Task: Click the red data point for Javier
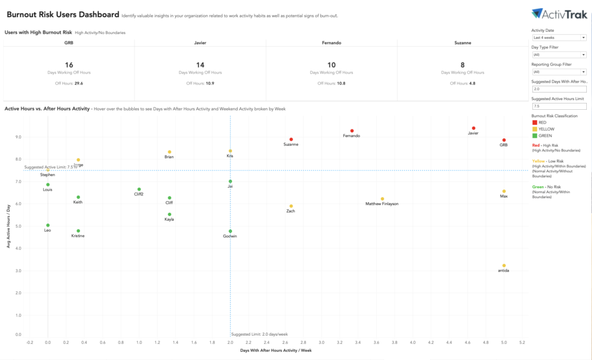pyautogui.click(x=473, y=128)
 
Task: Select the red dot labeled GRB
pyautogui.click(x=504, y=140)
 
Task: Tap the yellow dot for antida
pyautogui.click(x=504, y=266)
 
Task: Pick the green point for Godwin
pyautogui.click(x=230, y=231)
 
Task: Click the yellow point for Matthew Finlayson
pyautogui.click(x=382, y=199)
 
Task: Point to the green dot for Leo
pyautogui.click(x=48, y=225)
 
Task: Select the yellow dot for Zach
pyautogui.click(x=291, y=206)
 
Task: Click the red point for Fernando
pyautogui.click(x=351, y=131)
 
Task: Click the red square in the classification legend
pyautogui.click(x=534, y=123)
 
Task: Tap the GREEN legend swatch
pyautogui.click(x=534, y=136)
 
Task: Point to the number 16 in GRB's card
pyautogui.click(x=69, y=65)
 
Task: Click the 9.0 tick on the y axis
pyautogui.click(x=18, y=137)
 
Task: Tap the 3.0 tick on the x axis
pyautogui.click(x=321, y=342)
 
